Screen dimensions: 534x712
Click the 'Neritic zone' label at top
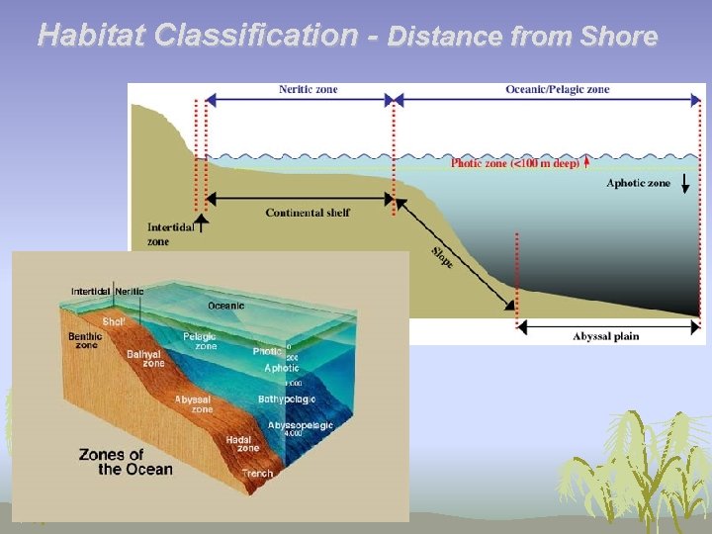coord(308,89)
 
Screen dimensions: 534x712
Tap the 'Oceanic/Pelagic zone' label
coord(558,89)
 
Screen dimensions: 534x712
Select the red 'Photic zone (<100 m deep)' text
coord(515,163)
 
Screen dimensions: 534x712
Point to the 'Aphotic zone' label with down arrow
coord(638,183)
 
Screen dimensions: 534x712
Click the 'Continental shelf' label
coord(308,213)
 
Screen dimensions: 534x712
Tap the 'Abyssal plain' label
coord(605,336)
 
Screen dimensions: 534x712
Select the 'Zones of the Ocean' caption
coord(126,462)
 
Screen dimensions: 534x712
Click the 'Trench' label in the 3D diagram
coord(257,474)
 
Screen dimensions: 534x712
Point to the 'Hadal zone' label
coord(248,443)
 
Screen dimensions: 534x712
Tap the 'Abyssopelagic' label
coord(300,425)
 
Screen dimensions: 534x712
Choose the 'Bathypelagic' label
coord(286,399)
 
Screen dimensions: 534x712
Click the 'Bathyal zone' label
coord(145,358)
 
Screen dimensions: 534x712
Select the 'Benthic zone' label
coord(85,341)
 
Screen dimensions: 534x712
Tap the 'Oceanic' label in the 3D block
coord(225,306)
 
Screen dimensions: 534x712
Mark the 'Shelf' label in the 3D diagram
coord(113,322)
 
